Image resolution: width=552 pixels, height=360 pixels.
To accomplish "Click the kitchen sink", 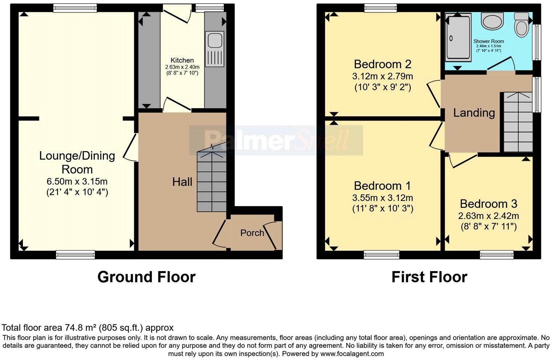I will click(214, 49).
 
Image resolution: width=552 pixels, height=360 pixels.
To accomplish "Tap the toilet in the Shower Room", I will click(522, 25).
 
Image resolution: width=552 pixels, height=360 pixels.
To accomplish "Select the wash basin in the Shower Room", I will click(492, 20).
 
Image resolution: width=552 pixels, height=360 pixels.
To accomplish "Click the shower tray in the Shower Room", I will click(458, 37).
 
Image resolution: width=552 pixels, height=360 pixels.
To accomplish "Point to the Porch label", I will click(252, 233).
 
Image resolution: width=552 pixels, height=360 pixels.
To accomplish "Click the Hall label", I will click(182, 182).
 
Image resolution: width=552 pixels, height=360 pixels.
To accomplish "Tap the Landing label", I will click(474, 112).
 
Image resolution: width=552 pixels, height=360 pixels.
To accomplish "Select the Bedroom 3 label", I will click(488, 204).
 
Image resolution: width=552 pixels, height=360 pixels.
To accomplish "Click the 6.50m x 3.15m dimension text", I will click(77, 181).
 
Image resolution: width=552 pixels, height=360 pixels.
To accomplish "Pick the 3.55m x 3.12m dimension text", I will click(382, 198).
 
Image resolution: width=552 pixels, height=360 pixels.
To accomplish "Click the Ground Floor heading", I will click(146, 277).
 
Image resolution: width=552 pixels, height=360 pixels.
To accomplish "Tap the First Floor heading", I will click(429, 277).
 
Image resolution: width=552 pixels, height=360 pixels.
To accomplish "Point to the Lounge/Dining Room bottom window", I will click(76, 255).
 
